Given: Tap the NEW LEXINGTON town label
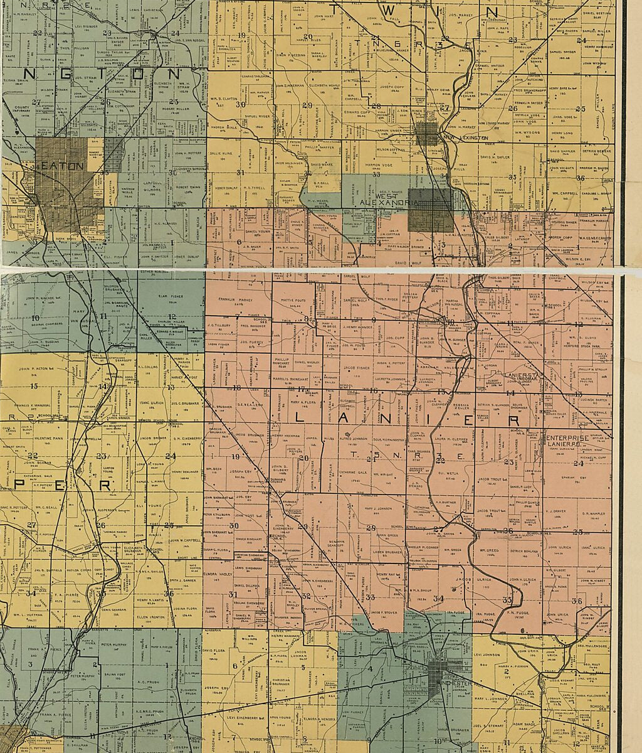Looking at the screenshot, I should point(465,137).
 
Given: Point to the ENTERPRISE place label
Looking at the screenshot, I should point(567,437).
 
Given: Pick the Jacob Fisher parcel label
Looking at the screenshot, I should point(355,368).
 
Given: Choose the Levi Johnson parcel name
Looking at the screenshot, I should point(487,654).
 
